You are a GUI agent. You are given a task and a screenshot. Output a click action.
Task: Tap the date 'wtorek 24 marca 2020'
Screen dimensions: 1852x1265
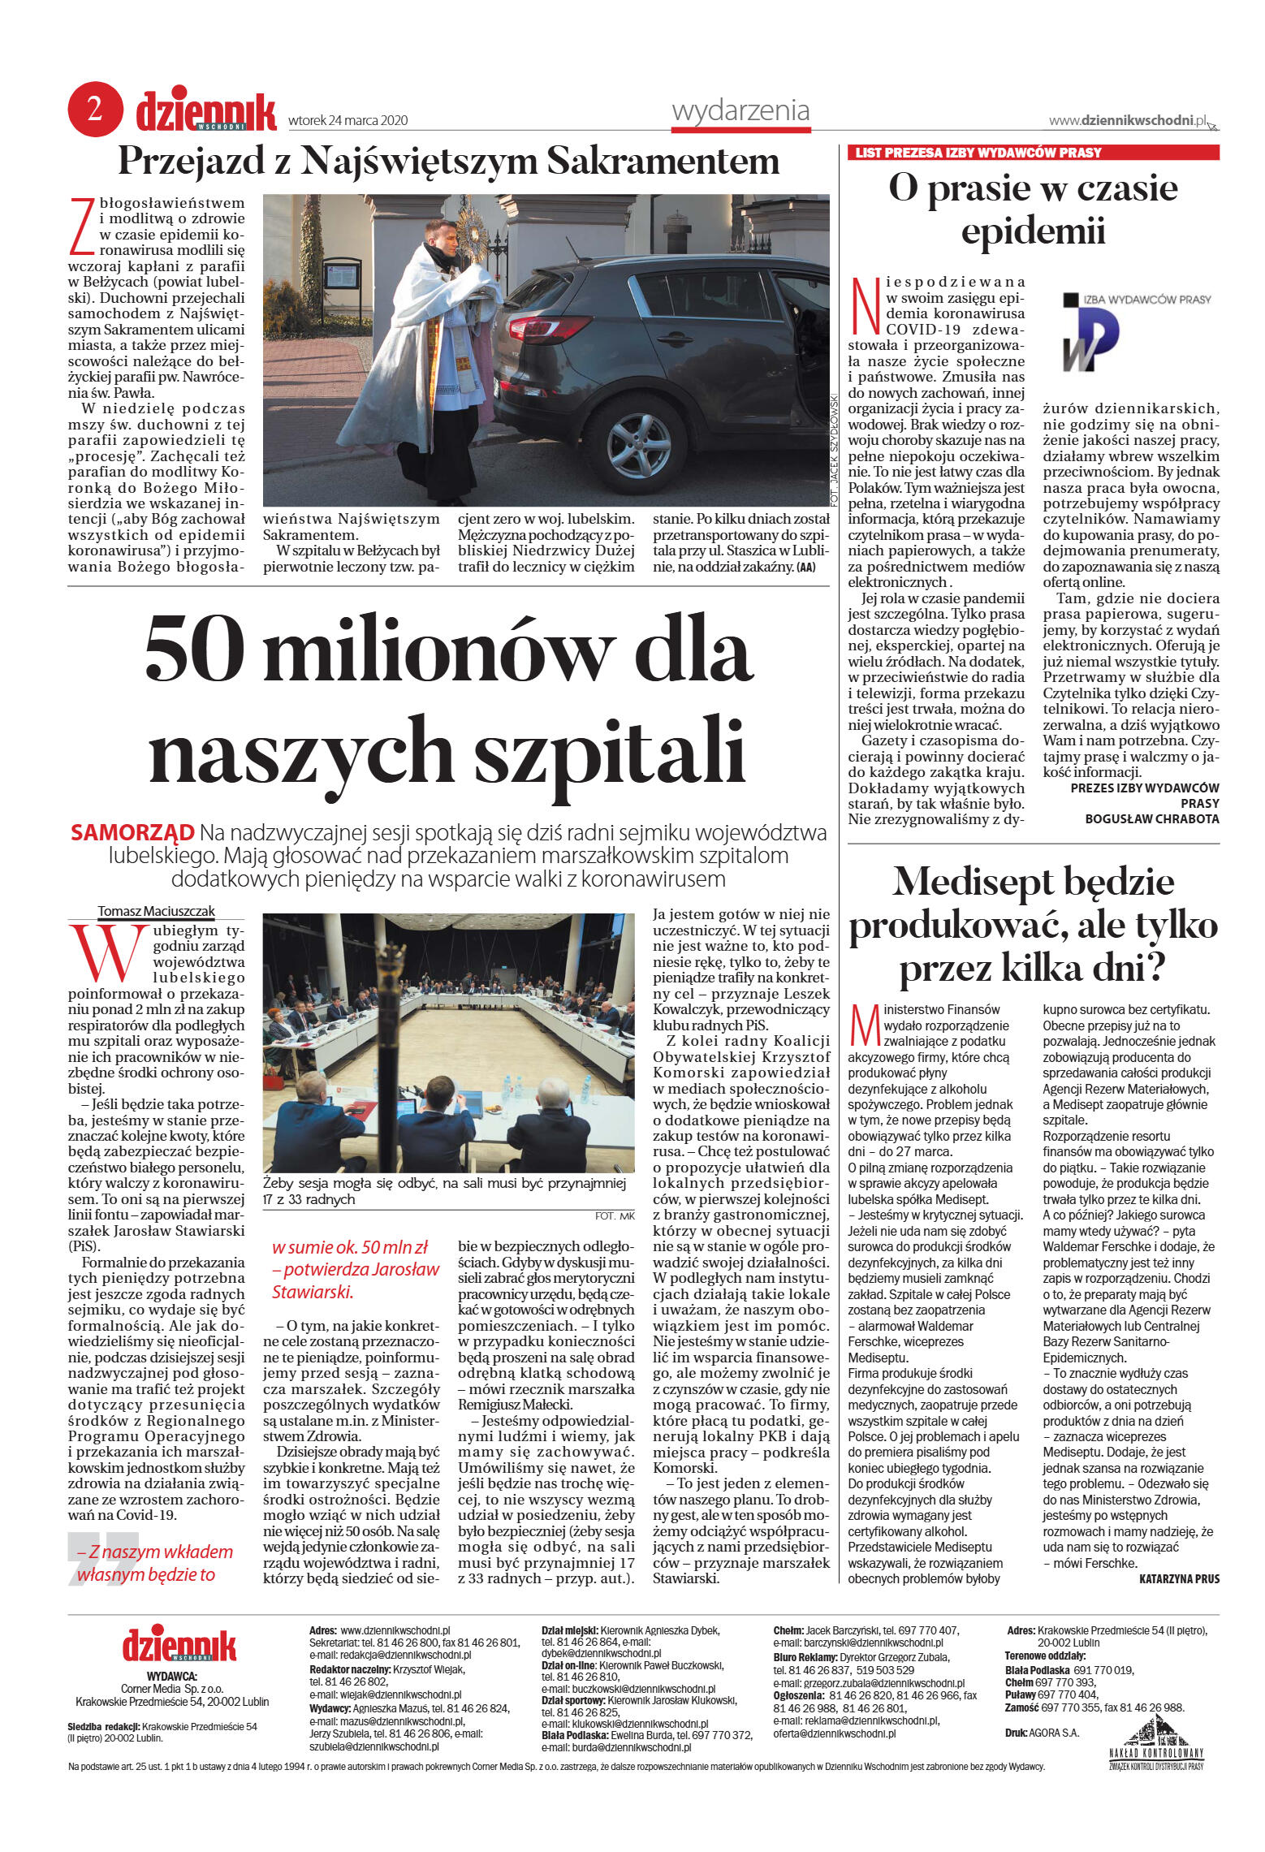pos(348,121)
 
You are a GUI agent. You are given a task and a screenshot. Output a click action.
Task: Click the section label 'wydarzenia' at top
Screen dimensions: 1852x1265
pos(740,110)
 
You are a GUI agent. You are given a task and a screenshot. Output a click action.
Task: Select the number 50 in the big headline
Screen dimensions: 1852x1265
pos(195,650)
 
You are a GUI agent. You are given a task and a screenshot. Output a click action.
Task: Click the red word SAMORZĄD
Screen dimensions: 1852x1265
pos(132,832)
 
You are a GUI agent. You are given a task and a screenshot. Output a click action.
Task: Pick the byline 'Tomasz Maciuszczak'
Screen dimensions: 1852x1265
pos(156,911)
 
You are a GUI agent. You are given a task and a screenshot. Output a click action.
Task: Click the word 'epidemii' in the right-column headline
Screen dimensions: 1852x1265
pos(1033,231)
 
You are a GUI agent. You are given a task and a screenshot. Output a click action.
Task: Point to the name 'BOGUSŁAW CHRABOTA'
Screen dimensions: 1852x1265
pos(1151,818)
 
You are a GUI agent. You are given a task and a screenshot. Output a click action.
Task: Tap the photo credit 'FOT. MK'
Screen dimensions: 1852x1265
pos(615,1215)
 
